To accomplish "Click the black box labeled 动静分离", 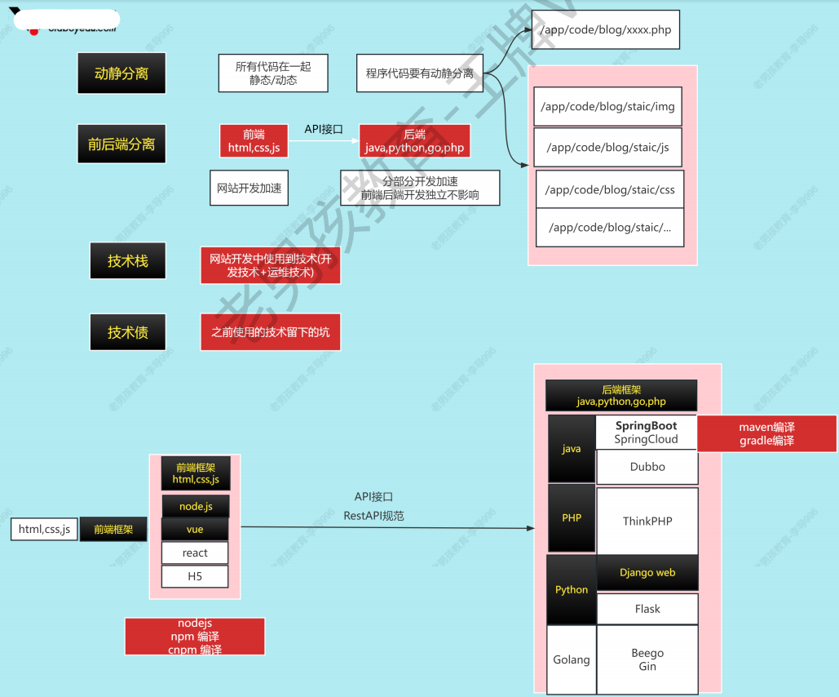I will [x=121, y=73].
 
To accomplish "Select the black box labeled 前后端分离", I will [x=121, y=144].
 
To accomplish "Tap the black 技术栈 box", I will [x=128, y=262].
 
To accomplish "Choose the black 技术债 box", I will [x=128, y=332].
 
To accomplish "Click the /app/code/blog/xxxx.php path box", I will [x=605, y=30].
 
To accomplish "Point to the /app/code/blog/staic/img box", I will [x=609, y=106].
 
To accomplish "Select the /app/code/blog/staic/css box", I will [x=610, y=189].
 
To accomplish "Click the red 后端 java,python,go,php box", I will [x=415, y=140].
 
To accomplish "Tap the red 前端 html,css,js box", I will [x=254, y=140].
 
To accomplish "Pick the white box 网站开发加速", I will [x=249, y=188].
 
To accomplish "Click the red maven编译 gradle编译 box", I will [x=766, y=433].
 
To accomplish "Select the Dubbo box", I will [x=647, y=467].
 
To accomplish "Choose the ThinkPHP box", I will [x=647, y=521].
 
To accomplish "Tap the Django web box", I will [x=647, y=572].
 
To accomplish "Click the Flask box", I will [x=647, y=609].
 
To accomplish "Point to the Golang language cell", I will [x=572, y=659].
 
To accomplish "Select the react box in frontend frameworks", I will [x=195, y=553].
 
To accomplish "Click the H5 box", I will [x=195, y=576].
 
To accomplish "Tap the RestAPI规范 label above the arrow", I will [x=373, y=516].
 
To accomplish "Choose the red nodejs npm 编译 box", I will [x=195, y=636].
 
